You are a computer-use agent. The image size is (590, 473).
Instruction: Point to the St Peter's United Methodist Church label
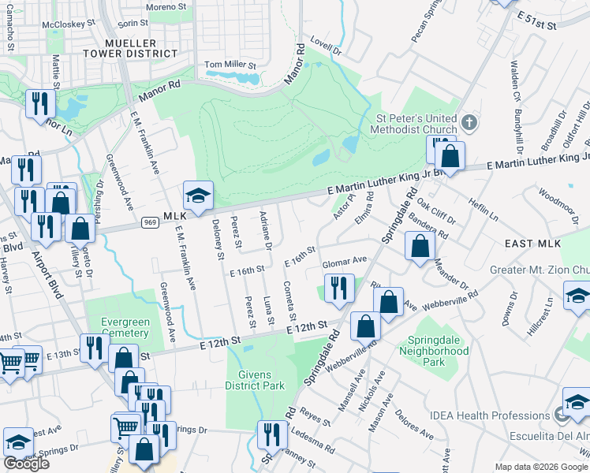click(x=416, y=124)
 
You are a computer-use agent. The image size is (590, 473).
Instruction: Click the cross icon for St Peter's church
click(x=469, y=123)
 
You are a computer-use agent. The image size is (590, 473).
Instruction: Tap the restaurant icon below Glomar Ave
click(x=339, y=287)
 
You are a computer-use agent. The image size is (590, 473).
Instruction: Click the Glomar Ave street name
click(x=348, y=260)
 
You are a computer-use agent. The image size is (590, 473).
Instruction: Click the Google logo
click(x=26, y=463)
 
